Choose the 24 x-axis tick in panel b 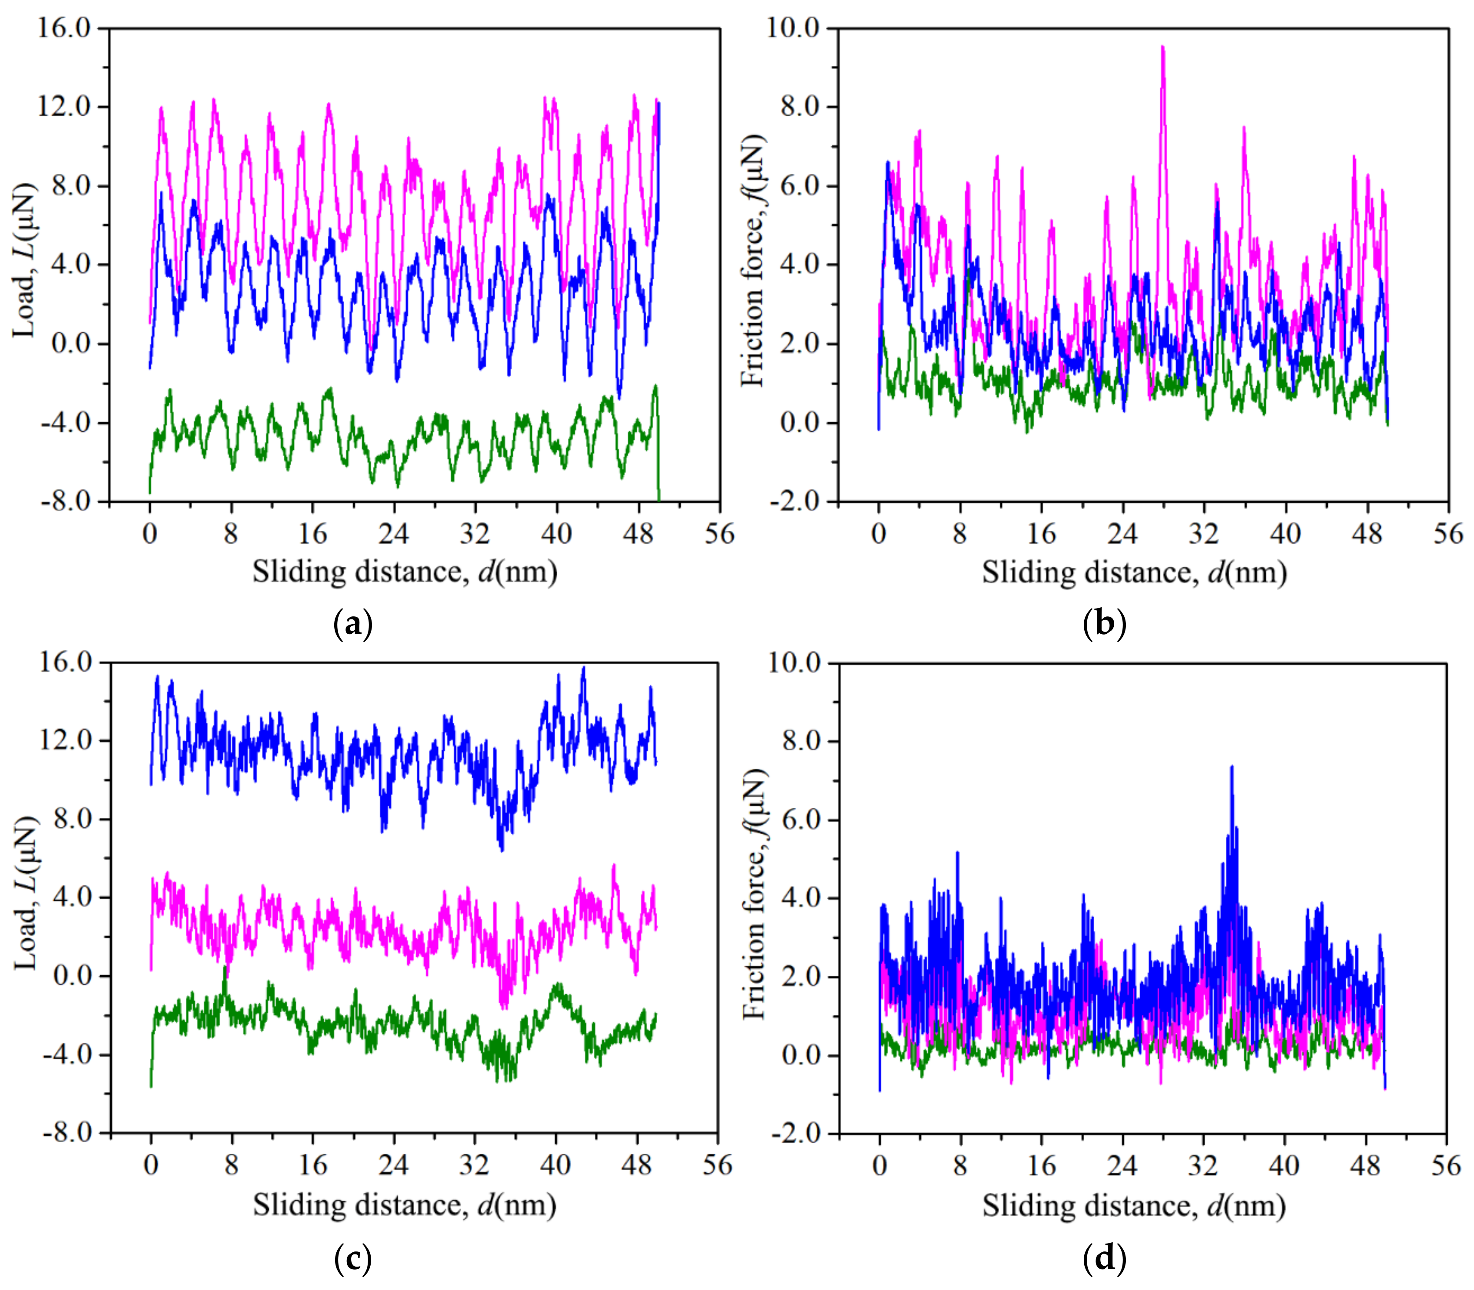coord(1122,534)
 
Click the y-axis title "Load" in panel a coord(25,261)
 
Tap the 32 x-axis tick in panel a coord(474,534)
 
